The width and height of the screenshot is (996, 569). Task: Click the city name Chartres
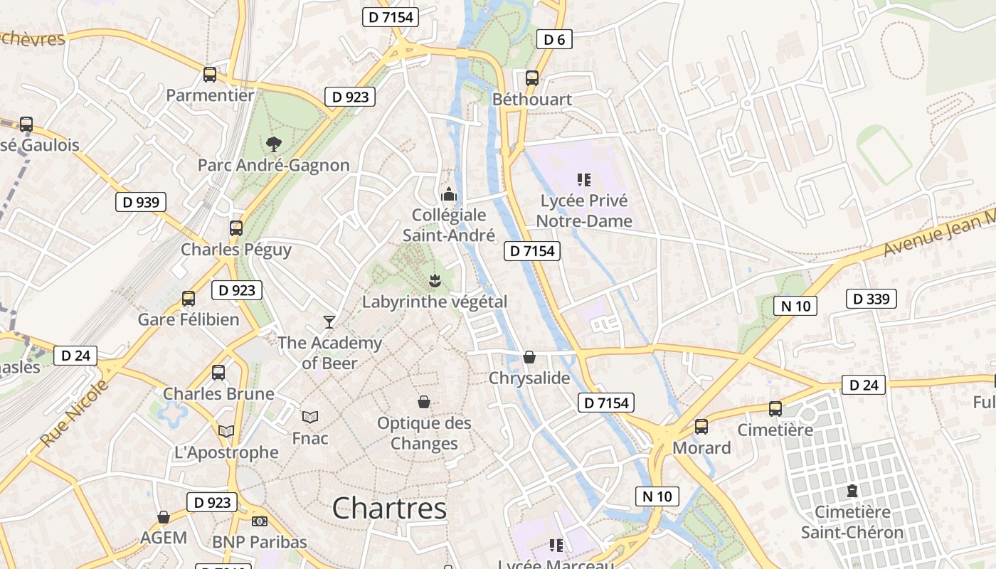point(389,508)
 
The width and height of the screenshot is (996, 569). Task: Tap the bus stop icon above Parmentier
point(210,74)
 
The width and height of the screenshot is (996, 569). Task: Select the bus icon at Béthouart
point(532,78)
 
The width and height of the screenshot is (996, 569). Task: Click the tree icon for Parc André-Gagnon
point(273,144)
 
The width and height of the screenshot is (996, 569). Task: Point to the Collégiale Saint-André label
point(449,225)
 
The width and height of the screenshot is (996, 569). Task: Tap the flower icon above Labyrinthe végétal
point(435,280)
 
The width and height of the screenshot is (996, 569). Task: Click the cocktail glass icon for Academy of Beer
point(329,322)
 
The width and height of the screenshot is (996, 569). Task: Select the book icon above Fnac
point(310,417)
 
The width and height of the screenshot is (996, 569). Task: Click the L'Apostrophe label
point(226,452)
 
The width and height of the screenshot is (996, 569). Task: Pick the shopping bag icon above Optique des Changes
point(424,403)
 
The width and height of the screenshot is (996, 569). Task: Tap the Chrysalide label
point(529,378)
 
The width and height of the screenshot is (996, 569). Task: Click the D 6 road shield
point(554,40)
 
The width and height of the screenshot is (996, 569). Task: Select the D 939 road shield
point(141,202)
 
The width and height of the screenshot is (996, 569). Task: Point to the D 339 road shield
point(871,299)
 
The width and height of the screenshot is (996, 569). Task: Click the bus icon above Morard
point(701,427)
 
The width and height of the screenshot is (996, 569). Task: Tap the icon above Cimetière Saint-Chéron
point(852,491)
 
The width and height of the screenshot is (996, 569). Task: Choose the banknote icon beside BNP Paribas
point(259,521)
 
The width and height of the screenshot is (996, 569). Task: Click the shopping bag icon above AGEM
point(164,517)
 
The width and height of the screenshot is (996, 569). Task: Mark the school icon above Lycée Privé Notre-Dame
point(584,180)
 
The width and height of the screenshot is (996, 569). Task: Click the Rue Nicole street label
point(75,413)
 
